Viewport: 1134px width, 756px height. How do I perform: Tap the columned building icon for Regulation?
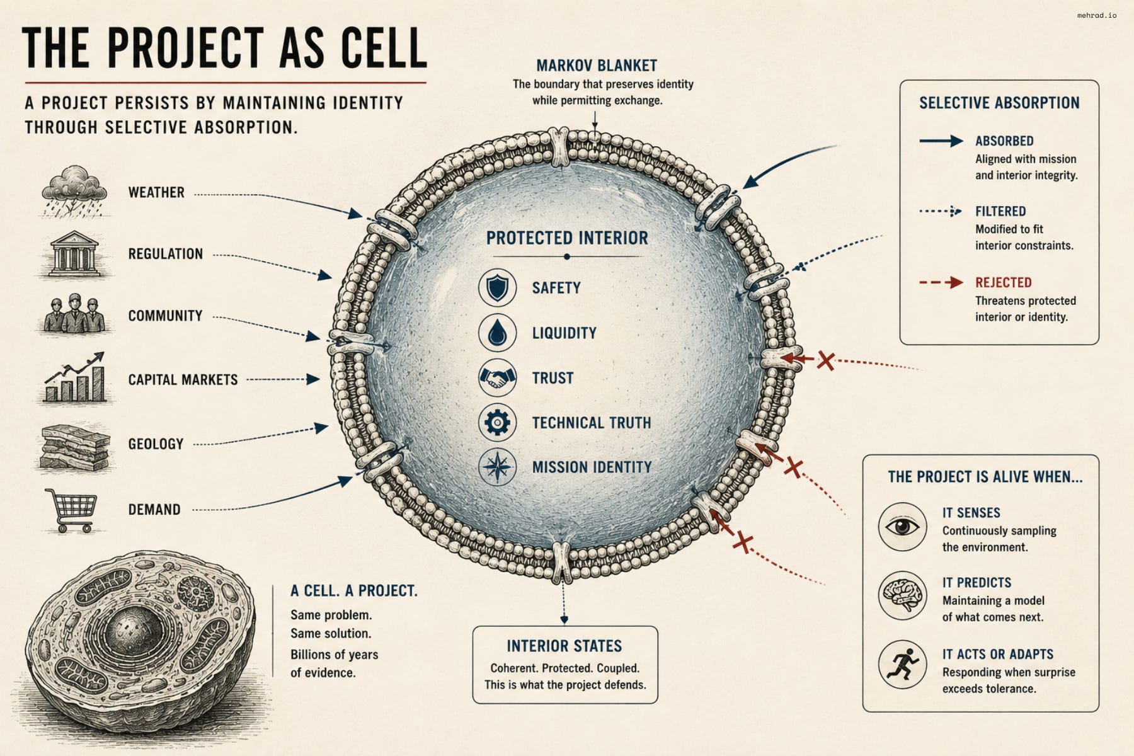pyautogui.click(x=73, y=255)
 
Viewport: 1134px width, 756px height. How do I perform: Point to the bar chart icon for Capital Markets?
pyautogui.click(x=74, y=377)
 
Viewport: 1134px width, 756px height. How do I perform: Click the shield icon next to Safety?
pyautogui.click(x=497, y=288)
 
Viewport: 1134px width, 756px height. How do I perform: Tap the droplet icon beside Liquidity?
pyautogui.click(x=497, y=333)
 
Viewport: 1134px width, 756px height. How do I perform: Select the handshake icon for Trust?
pyautogui.click(x=497, y=378)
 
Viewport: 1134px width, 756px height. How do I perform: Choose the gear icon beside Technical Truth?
pyautogui.click(x=497, y=422)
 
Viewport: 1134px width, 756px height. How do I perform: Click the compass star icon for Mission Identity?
pyautogui.click(x=497, y=467)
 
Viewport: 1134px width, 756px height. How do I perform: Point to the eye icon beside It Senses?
pyautogui.click(x=903, y=527)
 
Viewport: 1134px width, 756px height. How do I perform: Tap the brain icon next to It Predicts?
pyautogui.click(x=903, y=595)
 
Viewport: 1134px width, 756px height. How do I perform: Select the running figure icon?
pyautogui.click(x=903, y=665)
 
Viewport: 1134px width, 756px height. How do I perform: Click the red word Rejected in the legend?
pyautogui.click(x=1004, y=283)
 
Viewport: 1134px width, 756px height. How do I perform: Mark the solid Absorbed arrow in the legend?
pyautogui.click(x=941, y=141)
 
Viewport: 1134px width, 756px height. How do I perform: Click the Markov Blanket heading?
pyautogui.click(x=597, y=66)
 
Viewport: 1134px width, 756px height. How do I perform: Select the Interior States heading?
pyautogui.click(x=564, y=646)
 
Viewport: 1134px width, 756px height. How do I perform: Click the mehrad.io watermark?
pyautogui.click(x=1097, y=15)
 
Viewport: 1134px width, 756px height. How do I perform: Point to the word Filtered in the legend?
pyautogui.click(x=1000, y=212)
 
